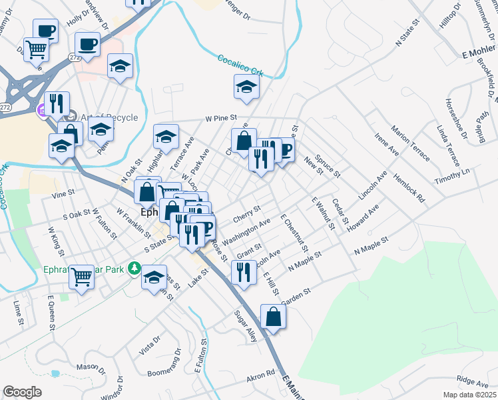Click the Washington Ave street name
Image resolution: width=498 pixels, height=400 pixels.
point(247,230)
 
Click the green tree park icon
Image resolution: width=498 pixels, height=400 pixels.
point(134,268)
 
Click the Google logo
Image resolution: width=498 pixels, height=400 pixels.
point(22,392)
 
